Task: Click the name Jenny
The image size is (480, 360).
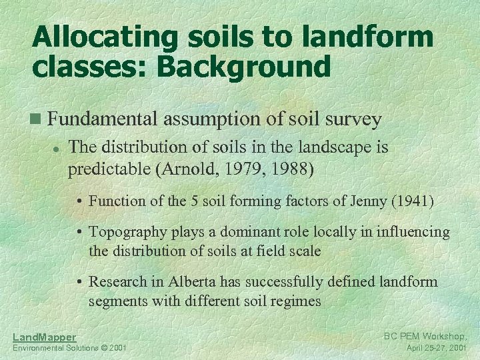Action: tap(367, 200)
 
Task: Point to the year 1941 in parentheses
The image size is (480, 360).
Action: tap(412, 200)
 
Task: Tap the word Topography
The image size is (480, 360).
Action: tap(127, 232)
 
